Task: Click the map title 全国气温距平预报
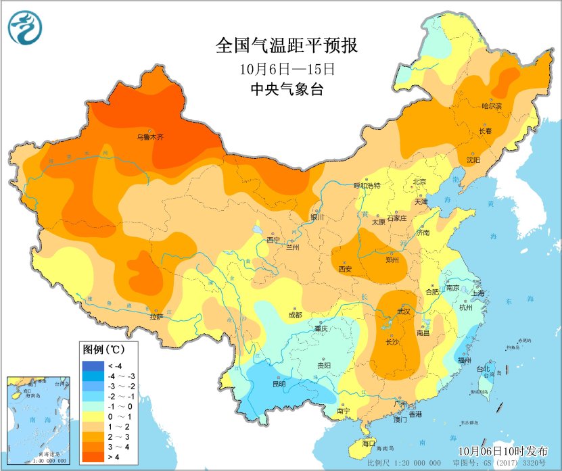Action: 287,46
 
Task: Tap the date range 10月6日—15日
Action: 287,69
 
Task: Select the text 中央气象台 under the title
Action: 287,89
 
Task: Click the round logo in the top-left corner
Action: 25,28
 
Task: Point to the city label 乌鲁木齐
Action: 149,137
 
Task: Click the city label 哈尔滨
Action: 492,106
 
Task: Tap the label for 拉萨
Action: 156,316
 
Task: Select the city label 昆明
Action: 278,384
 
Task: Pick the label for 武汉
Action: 404,312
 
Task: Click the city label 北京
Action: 420,182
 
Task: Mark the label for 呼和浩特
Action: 368,186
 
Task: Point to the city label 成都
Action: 295,314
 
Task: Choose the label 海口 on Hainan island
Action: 368,443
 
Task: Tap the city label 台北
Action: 483,369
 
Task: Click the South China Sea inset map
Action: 39,420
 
